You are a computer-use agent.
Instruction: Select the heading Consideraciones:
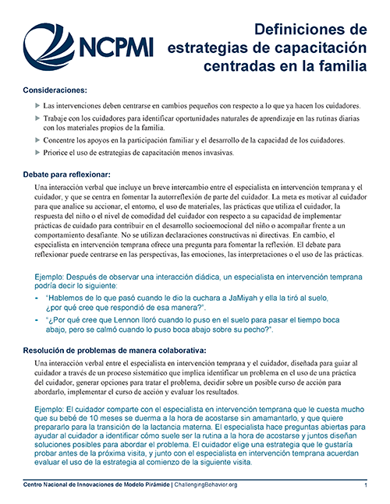tap(55, 90)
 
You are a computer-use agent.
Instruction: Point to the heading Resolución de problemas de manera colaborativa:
tap(115, 351)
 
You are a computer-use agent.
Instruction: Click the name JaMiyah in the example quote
tap(265, 298)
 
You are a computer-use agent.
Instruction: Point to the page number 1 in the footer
tap(365, 485)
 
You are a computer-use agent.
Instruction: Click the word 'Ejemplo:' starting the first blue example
tap(52, 277)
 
